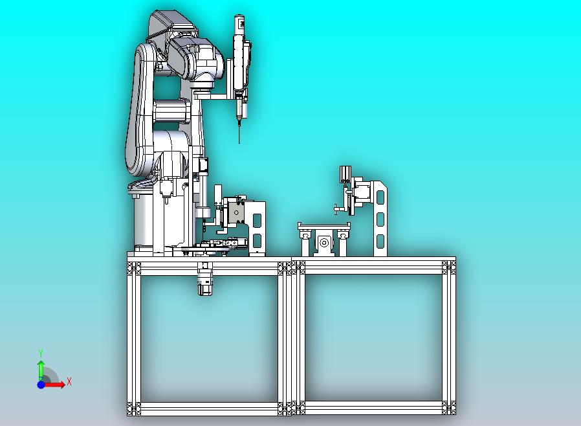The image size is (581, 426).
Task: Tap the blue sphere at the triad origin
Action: [41, 385]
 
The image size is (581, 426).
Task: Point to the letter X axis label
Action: [69, 381]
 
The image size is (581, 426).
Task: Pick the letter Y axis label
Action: [41, 353]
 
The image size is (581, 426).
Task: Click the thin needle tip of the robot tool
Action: [239, 142]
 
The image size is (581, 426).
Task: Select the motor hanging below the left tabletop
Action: [205, 279]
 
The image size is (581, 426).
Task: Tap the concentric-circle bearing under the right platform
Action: [324, 243]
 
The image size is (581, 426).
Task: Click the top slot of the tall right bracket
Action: [380, 196]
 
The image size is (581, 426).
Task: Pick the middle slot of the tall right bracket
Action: [380, 219]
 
